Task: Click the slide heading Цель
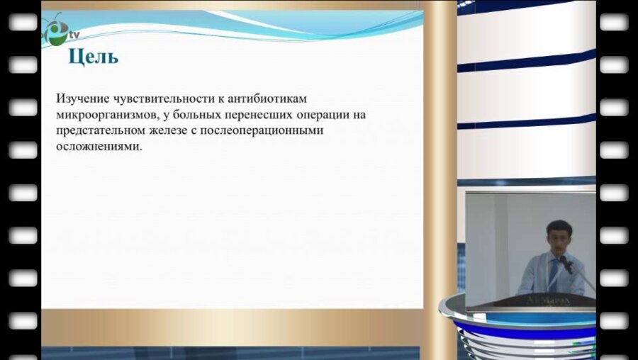(x=93, y=57)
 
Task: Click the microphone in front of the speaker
(x=566, y=264)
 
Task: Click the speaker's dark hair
(x=557, y=227)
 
